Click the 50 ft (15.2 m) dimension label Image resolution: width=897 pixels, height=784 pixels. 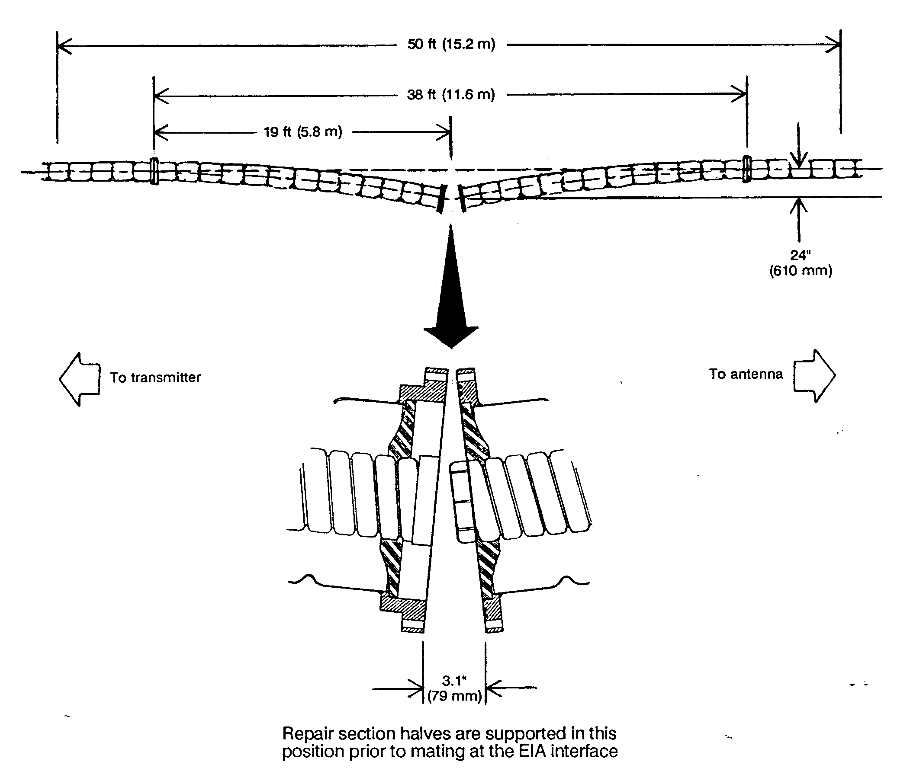click(451, 44)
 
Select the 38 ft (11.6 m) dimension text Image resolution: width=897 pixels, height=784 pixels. click(451, 95)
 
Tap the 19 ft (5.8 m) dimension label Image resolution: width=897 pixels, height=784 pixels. click(303, 132)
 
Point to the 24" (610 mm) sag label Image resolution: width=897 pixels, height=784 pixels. click(801, 263)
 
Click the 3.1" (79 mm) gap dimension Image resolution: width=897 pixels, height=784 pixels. click(454, 688)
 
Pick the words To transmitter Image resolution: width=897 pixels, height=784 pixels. click(155, 377)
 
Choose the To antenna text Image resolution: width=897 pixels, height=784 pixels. click(746, 374)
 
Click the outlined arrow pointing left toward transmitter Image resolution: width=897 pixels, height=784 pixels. click(80, 379)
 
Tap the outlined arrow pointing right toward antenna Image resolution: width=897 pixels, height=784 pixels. click(815, 375)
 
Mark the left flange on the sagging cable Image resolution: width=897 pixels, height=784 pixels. click(154, 171)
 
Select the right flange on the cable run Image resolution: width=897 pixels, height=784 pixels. click(747, 169)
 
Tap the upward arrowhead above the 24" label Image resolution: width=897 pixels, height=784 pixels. click(799, 206)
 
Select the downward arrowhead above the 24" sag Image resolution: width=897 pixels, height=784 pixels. click(799, 160)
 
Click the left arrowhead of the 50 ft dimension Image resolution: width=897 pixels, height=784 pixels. click(64, 45)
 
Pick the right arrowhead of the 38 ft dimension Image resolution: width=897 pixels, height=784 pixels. click(739, 94)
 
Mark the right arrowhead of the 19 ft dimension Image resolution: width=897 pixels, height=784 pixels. click(443, 132)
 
